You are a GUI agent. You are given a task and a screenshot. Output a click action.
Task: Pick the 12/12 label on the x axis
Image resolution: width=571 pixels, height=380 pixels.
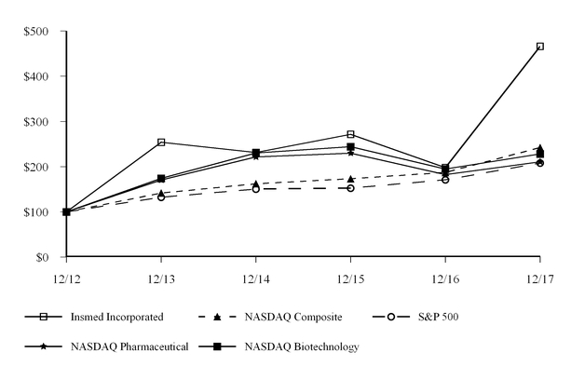pyautogui.click(x=66, y=277)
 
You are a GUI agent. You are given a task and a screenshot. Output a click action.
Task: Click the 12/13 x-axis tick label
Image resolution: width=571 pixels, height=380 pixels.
pyautogui.click(x=161, y=277)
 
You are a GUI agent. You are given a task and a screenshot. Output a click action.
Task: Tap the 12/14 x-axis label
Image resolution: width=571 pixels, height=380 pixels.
pyautogui.click(x=256, y=277)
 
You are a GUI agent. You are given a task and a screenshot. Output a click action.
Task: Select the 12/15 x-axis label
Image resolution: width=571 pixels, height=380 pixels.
pyautogui.click(x=350, y=277)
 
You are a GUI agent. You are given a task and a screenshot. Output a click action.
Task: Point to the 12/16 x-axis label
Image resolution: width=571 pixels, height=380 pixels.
pyautogui.click(x=445, y=277)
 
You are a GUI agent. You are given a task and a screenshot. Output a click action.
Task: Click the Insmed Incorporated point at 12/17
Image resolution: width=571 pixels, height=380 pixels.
pyautogui.click(x=539, y=46)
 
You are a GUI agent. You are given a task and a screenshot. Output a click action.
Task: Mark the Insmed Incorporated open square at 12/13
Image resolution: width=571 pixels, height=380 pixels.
pyautogui.click(x=161, y=142)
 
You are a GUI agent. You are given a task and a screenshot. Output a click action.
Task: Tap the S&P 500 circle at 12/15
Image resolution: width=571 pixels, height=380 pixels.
pyautogui.click(x=350, y=188)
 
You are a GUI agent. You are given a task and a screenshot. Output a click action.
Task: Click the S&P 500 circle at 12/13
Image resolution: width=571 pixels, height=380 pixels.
pyautogui.click(x=161, y=197)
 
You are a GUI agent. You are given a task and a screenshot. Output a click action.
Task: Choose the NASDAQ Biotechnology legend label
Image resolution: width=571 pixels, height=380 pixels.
pyautogui.click(x=303, y=347)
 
